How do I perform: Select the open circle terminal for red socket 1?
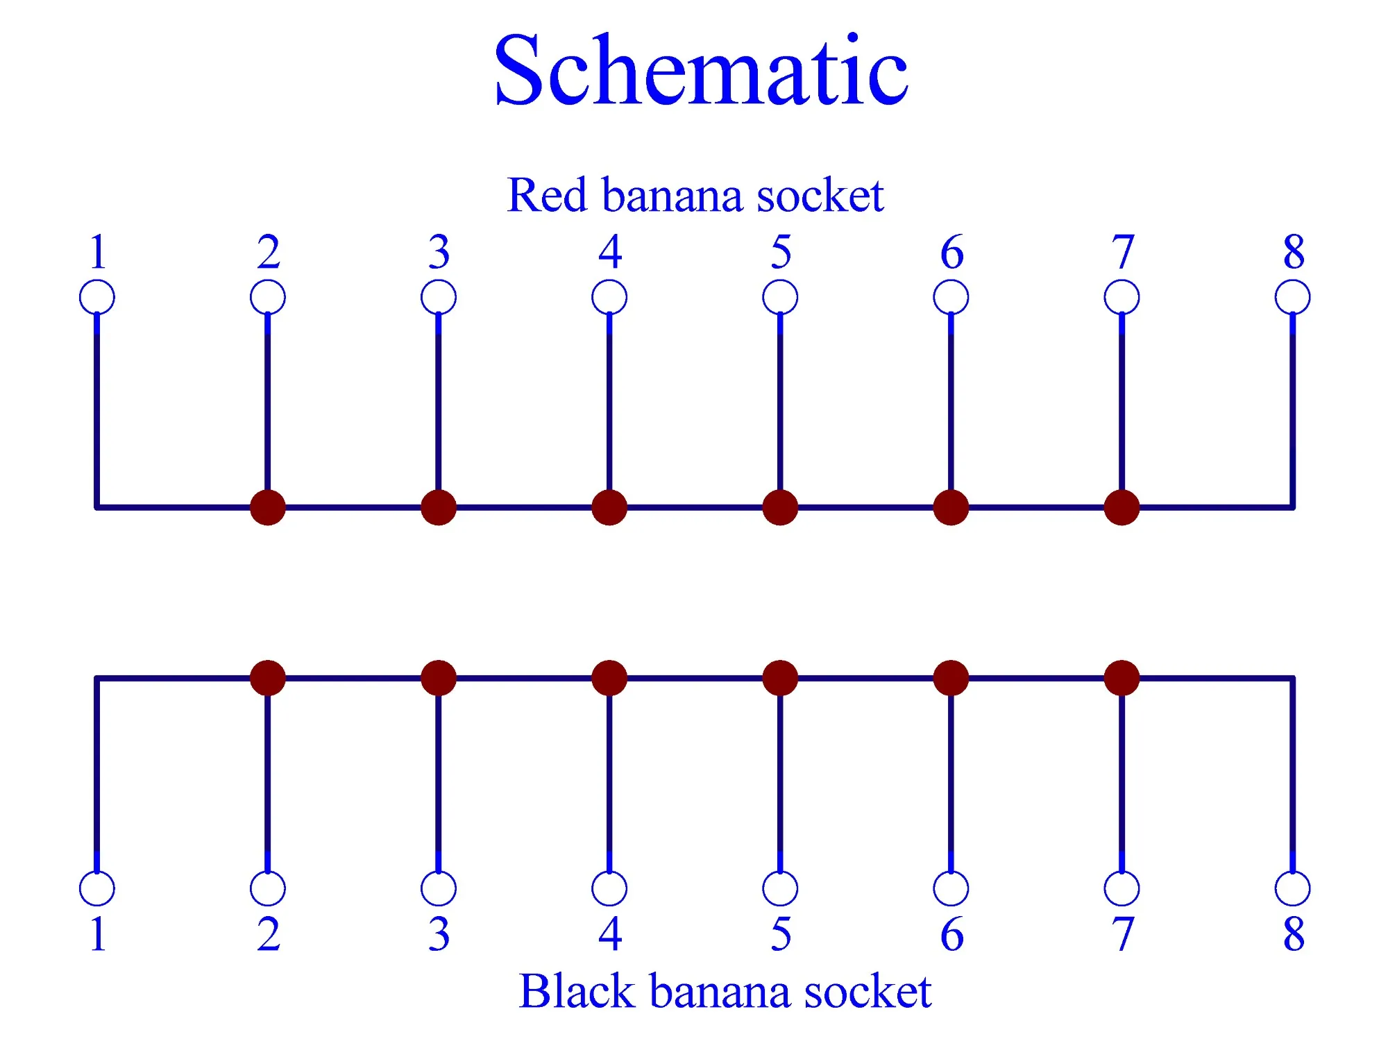pyautogui.click(x=97, y=298)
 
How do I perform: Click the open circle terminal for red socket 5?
pyautogui.click(x=780, y=298)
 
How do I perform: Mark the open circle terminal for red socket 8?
pyautogui.click(x=1293, y=298)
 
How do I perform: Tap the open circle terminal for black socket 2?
pyautogui.click(x=268, y=888)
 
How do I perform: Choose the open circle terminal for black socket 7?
pyautogui.click(x=1122, y=888)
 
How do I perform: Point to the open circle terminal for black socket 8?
pyautogui.click(x=1293, y=888)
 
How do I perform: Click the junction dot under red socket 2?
pyautogui.click(x=268, y=507)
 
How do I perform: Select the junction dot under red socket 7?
pyautogui.click(x=1122, y=507)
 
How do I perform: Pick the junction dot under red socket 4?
pyautogui.click(x=609, y=507)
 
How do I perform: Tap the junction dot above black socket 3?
pyautogui.click(x=439, y=678)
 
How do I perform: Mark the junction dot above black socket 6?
pyautogui.click(x=951, y=678)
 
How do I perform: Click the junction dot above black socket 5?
pyautogui.click(x=780, y=678)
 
